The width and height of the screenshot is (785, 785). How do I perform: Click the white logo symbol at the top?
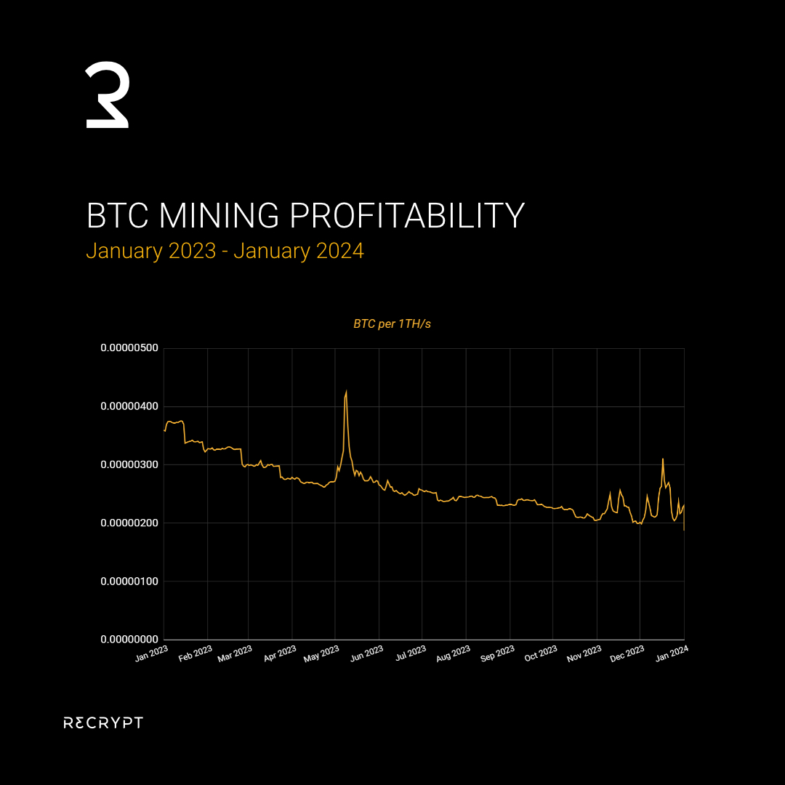(x=108, y=96)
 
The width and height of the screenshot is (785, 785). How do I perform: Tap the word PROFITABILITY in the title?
(x=407, y=216)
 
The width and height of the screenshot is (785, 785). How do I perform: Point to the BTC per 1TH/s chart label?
(x=392, y=323)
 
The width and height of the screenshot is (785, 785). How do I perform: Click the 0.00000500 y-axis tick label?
(x=129, y=348)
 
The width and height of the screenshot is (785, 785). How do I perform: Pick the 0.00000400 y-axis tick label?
(x=129, y=406)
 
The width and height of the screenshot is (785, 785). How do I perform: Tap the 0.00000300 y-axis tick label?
(x=129, y=464)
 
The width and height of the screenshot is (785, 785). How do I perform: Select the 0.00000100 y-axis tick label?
(x=129, y=581)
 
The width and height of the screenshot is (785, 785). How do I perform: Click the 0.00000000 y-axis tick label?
(x=129, y=640)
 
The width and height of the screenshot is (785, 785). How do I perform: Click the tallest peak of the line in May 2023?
(x=346, y=392)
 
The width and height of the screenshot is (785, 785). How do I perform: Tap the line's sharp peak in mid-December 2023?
(x=663, y=459)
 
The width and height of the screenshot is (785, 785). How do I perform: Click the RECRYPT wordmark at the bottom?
(x=103, y=722)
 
